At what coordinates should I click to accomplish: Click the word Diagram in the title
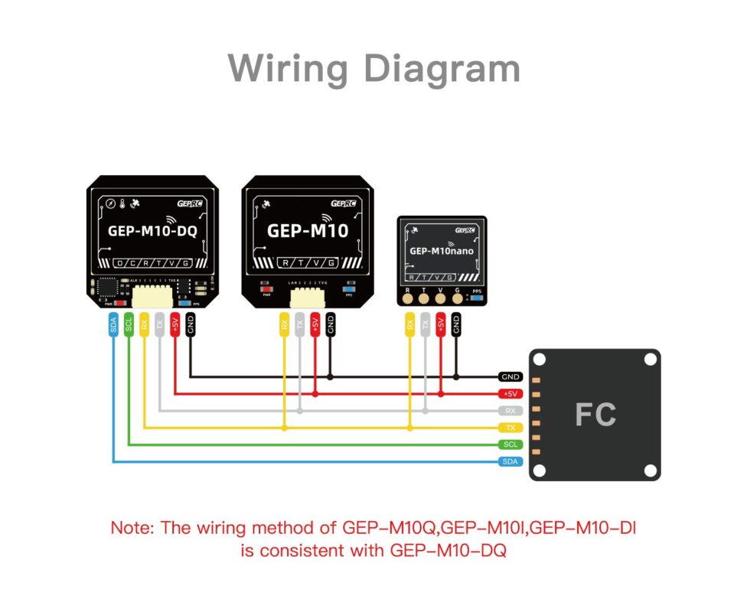click(x=442, y=69)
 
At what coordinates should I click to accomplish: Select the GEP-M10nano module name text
click(x=441, y=250)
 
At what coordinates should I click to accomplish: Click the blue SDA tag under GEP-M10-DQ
click(x=113, y=324)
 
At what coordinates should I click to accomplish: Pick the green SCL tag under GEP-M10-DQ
click(x=129, y=324)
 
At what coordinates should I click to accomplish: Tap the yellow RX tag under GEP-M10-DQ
click(x=144, y=324)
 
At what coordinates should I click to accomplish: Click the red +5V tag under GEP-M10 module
click(x=315, y=324)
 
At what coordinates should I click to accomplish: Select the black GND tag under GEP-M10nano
click(x=456, y=324)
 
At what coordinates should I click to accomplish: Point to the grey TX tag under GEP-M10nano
click(x=425, y=324)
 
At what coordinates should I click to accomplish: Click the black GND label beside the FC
click(x=511, y=377)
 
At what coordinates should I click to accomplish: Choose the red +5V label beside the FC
click(x=511, y=394)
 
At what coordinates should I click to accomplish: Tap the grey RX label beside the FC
click(x=511, y=411)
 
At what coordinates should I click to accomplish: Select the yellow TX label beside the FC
click(x=511, y=428)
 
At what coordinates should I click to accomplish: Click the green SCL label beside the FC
click(x=511, y=444)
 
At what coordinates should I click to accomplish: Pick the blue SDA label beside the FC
click(x=511, y=461)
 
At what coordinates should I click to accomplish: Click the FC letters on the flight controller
click(x=595, y=415)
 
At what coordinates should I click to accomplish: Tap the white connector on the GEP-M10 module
click(x=307, y=296)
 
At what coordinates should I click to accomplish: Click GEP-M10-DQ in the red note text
click(x=448, y=550)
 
